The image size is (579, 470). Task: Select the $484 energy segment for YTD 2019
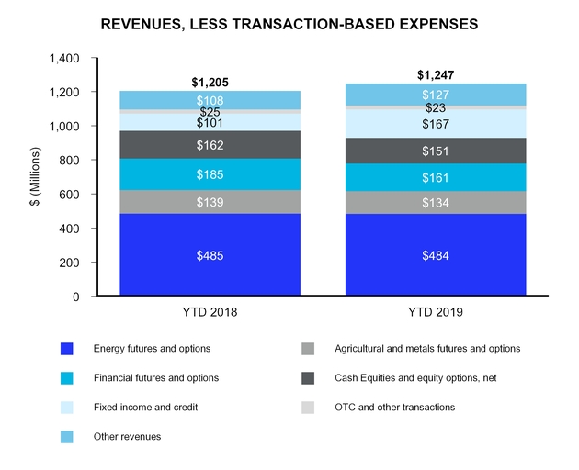click(436, 254)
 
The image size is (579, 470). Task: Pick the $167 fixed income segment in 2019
click(436, 124)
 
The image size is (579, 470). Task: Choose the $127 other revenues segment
click(436, 95)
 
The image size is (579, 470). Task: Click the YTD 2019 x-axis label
click(436, 312)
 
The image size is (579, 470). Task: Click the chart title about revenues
click(289, 25)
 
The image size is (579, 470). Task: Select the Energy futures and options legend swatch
click(67, 349)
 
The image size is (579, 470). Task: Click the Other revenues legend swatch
click(67, 436)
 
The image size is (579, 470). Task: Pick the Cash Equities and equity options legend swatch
click(309, 377)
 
